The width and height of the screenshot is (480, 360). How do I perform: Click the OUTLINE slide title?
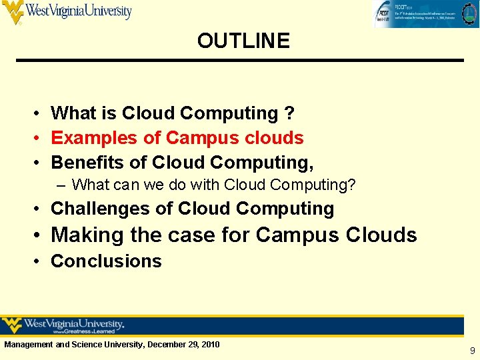point(243,41)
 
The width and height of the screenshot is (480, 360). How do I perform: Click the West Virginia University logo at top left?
point(67,12)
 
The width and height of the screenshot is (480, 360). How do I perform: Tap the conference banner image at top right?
point(424,14)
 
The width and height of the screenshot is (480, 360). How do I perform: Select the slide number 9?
point(472,350)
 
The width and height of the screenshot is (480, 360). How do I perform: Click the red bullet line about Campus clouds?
point(177,138)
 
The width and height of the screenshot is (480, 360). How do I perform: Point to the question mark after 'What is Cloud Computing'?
point(289,114)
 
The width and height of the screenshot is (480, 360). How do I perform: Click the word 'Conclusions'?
point(106,261)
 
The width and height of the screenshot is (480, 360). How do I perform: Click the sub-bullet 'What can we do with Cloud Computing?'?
point(213,185)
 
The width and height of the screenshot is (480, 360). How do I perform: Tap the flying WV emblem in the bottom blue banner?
point(12,325)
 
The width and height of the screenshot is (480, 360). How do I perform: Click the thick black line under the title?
point(240,61)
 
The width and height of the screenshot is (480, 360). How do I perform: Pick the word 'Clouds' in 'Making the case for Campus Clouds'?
point(381,235)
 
